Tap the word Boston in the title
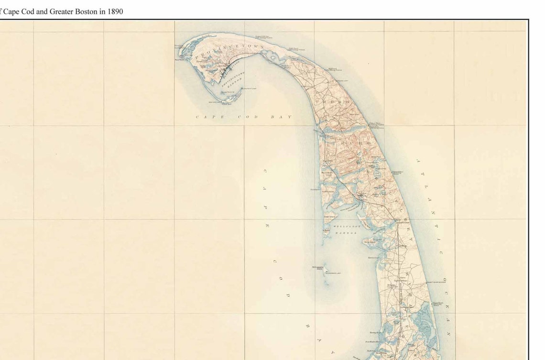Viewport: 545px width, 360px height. [x=87, y=11]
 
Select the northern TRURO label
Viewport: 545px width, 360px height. [x=339, y=102]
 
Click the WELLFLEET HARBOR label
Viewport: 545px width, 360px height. [x=345, y=230]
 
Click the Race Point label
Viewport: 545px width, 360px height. [x=180, y=59]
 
